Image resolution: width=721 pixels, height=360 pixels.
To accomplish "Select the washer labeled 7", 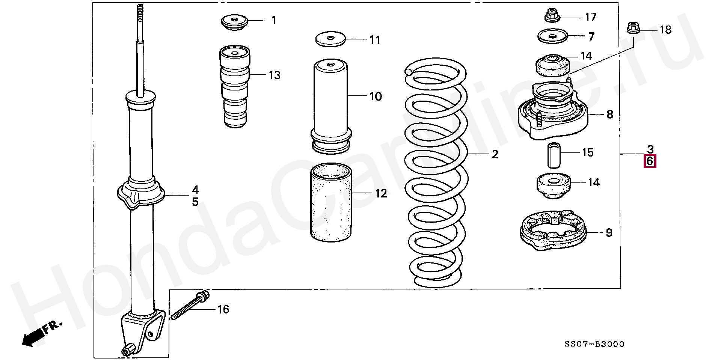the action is click(x=552, y=36).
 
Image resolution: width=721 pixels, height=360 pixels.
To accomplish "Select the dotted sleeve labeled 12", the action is click(x=331, y=203).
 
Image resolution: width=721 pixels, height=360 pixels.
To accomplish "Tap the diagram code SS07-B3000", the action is click(x=594, y=344).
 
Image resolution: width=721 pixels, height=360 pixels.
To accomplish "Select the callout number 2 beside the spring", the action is click(x=495, y=154).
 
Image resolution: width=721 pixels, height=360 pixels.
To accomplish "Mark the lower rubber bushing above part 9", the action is click(x=552, y=186).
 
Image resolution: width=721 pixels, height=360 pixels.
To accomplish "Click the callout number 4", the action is click(x=195, y=190).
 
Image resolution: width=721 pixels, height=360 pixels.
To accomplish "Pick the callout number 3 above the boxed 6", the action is click(x=650, y=149).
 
